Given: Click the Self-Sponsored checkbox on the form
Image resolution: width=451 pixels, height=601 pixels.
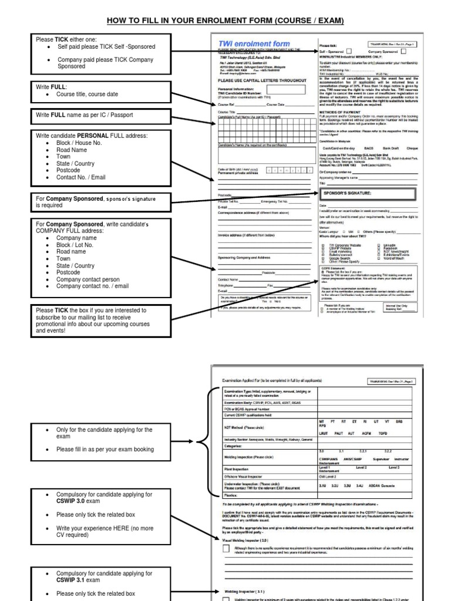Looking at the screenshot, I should click(349, 51).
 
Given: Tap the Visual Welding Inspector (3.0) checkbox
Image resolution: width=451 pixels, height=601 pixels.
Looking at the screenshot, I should click(226, 549).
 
